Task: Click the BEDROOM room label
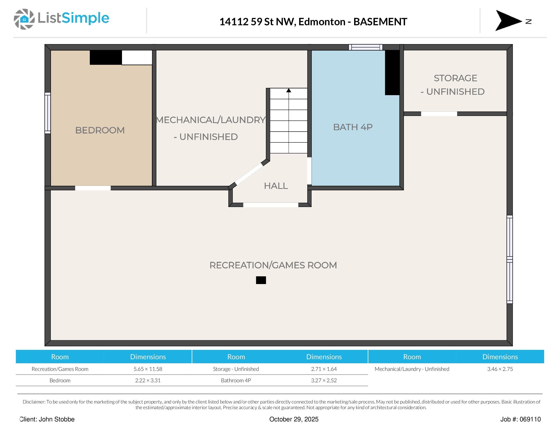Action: pyautogui.click(x=100, y=130)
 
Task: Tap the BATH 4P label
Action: pyautogui.click(x=353, y=127)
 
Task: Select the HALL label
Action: pyautogui.click(x=276, y=186)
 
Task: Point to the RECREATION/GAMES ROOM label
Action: pyautogui.click(x=273, y=265)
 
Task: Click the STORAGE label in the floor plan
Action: pyautogui.click(x=455, y=78)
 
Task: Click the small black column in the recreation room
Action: pyautogui.click(x=261, y=280)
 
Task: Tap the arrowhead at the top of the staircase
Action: pyautogui.click(x=289, y=90)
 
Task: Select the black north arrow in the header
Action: pyautogui.click(x=508, y=21)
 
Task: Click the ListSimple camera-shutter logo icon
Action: pyautogui.click(x=24, y=19)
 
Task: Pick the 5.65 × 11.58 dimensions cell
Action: pyautogui.click(x=148, y=369)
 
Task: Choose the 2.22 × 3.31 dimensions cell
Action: pyautogui.click(x=148, y=380)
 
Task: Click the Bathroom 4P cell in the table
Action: pyautogui.click(x=236, y=380)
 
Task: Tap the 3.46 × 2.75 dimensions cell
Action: pyautogui.click(x=500, y=369)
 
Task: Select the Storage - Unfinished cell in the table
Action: pyautogui.click(x=236, y=369)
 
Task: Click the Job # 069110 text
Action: pyautogui.click(x=520, y=419)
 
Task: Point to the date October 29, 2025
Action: pyautogui.click(x=294, y=419)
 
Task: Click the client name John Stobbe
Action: pyautogui.click(x=56, y=419)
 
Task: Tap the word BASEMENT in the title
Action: pyautogui.click(x=380, y=22)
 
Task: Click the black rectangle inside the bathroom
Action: pyautogui.click(x=392, y=73)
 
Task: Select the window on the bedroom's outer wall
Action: pyautogui.click(x=47, y=113)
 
